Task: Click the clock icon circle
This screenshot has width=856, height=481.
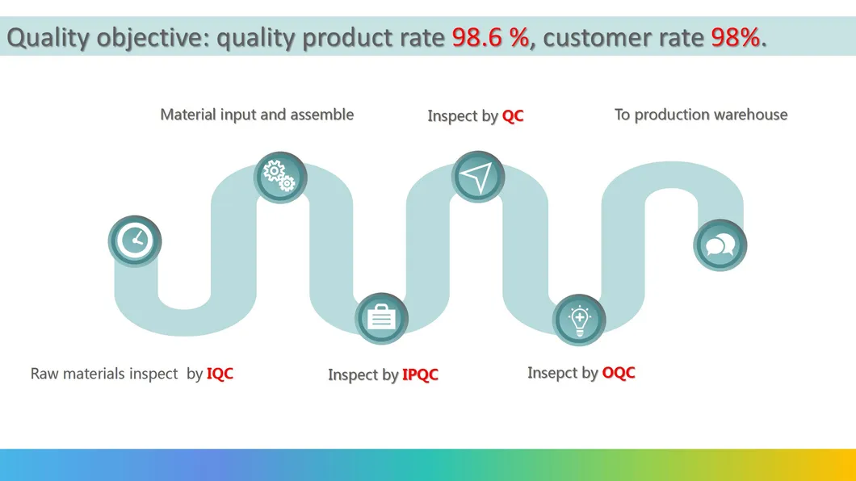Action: tap(135, 240)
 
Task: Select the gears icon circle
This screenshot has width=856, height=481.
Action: tap(280, 177)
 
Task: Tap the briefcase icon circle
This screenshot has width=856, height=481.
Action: tap(381, 318)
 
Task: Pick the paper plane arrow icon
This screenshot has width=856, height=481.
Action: tap(478, 177)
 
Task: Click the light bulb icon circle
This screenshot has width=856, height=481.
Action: tap(579, 319)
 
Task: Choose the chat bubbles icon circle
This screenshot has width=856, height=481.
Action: tap(720, 245)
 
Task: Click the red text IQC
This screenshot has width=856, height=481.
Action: tap(220, 374)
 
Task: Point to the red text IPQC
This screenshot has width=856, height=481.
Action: tap(420, 375)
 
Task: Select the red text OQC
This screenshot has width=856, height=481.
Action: tap(619, 373)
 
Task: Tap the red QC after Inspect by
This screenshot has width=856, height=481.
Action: tap(513, 116)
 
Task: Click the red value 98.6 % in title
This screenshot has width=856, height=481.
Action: tap(490, 37)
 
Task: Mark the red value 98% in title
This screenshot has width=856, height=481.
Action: tap(735, 37)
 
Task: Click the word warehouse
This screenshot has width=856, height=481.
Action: tap(748, 115)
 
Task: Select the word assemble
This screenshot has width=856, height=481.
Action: tap(321, 115)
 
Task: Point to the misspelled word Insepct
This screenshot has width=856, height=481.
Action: tap(552, 373)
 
